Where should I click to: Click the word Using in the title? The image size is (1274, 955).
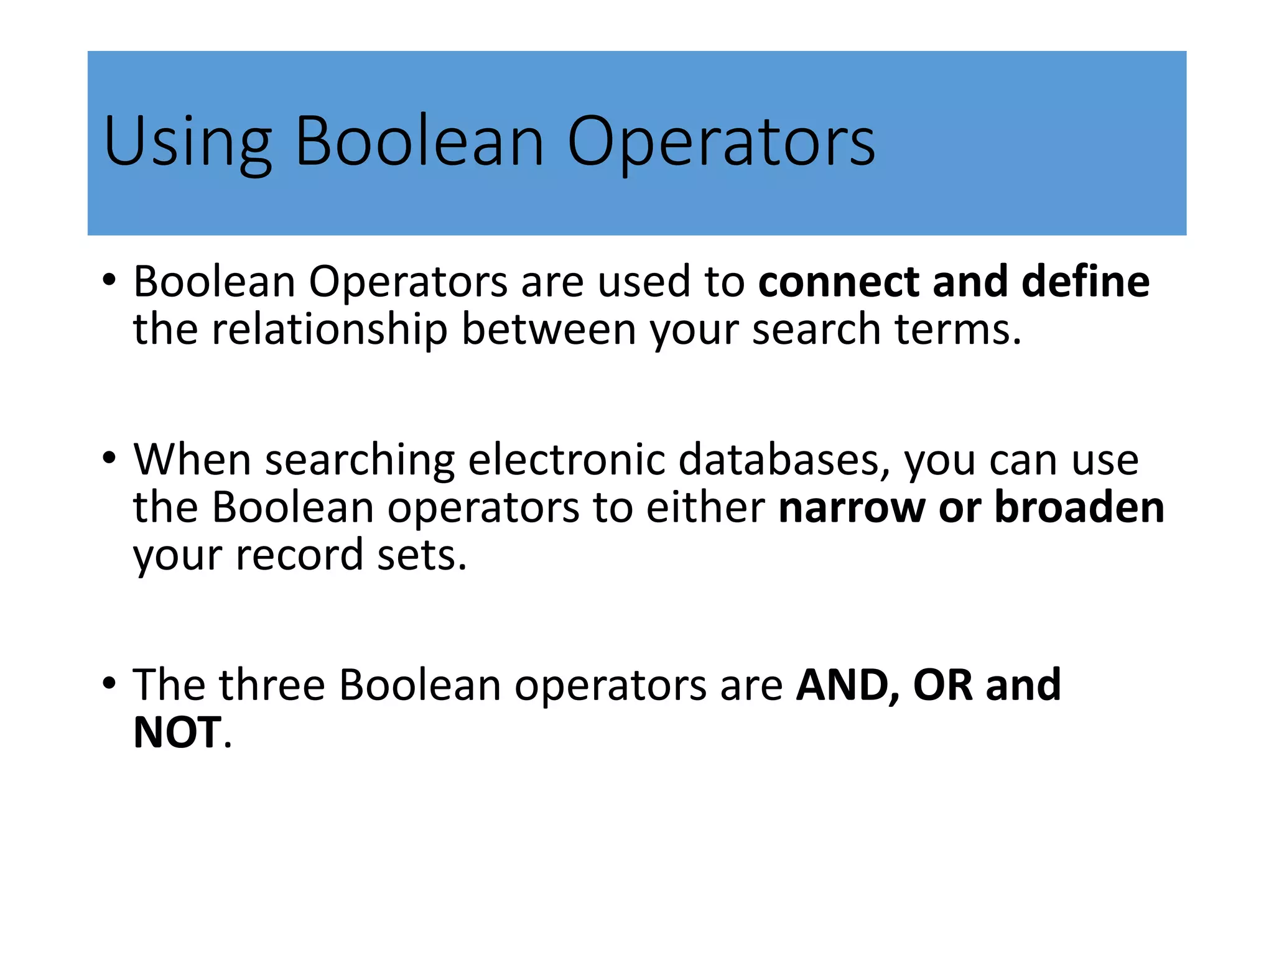pos(187,142)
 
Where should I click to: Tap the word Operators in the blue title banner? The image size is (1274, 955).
pos(720,142)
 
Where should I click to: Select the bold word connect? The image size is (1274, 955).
pos(838,282)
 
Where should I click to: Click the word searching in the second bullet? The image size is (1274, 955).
pos(360,460)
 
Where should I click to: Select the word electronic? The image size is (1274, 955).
pos(566,460)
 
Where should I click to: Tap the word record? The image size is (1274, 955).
pos(299,555)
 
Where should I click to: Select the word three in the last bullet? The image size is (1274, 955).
pos(272,685)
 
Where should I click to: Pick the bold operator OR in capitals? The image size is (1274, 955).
pos(942,685)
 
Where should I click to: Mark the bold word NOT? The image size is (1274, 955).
pos(177,732)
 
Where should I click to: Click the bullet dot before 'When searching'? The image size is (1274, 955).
pos(109,459)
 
